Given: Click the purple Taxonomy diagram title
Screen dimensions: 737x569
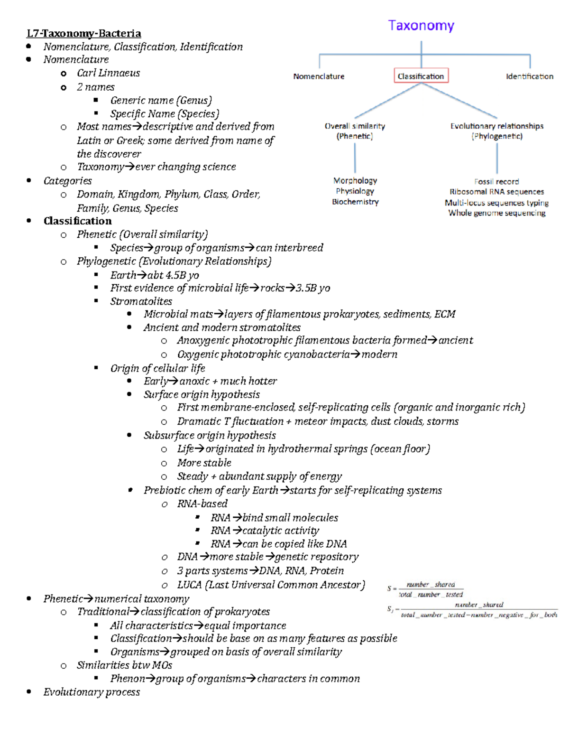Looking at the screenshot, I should (x=421, y=26).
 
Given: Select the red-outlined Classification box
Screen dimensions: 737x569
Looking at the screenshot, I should (x=421, y=76).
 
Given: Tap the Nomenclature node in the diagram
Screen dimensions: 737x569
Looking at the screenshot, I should (x=319, y=76).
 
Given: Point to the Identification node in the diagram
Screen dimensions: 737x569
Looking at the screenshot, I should (x=529, y=76).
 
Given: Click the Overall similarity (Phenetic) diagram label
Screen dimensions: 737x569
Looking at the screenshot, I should (x=355, y=131).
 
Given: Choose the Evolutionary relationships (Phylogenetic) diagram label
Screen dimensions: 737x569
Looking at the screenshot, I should (x=497, y=131).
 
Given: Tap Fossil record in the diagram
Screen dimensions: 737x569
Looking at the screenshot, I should (x=496, y=181).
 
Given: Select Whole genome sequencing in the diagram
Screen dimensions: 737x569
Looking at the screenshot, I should (x=497, y=213).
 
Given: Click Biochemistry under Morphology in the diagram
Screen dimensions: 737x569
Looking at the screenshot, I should (x=355, y=202).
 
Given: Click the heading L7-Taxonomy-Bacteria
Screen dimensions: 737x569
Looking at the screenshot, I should (x=84, y=33).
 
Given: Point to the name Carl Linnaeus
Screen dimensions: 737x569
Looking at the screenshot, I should (x=109, y=73).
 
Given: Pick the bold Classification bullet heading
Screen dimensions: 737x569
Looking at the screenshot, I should (x=78, y=221).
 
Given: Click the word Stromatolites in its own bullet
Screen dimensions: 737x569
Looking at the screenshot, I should (x=141, y=301).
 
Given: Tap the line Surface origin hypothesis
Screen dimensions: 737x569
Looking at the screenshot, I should (x=202, y=394).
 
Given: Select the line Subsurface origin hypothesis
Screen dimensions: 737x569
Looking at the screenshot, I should (x=210, y=436).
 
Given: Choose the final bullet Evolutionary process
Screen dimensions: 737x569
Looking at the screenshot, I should (x=92, y=692).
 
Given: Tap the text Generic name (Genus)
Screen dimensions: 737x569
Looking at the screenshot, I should (x=161, y=101).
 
